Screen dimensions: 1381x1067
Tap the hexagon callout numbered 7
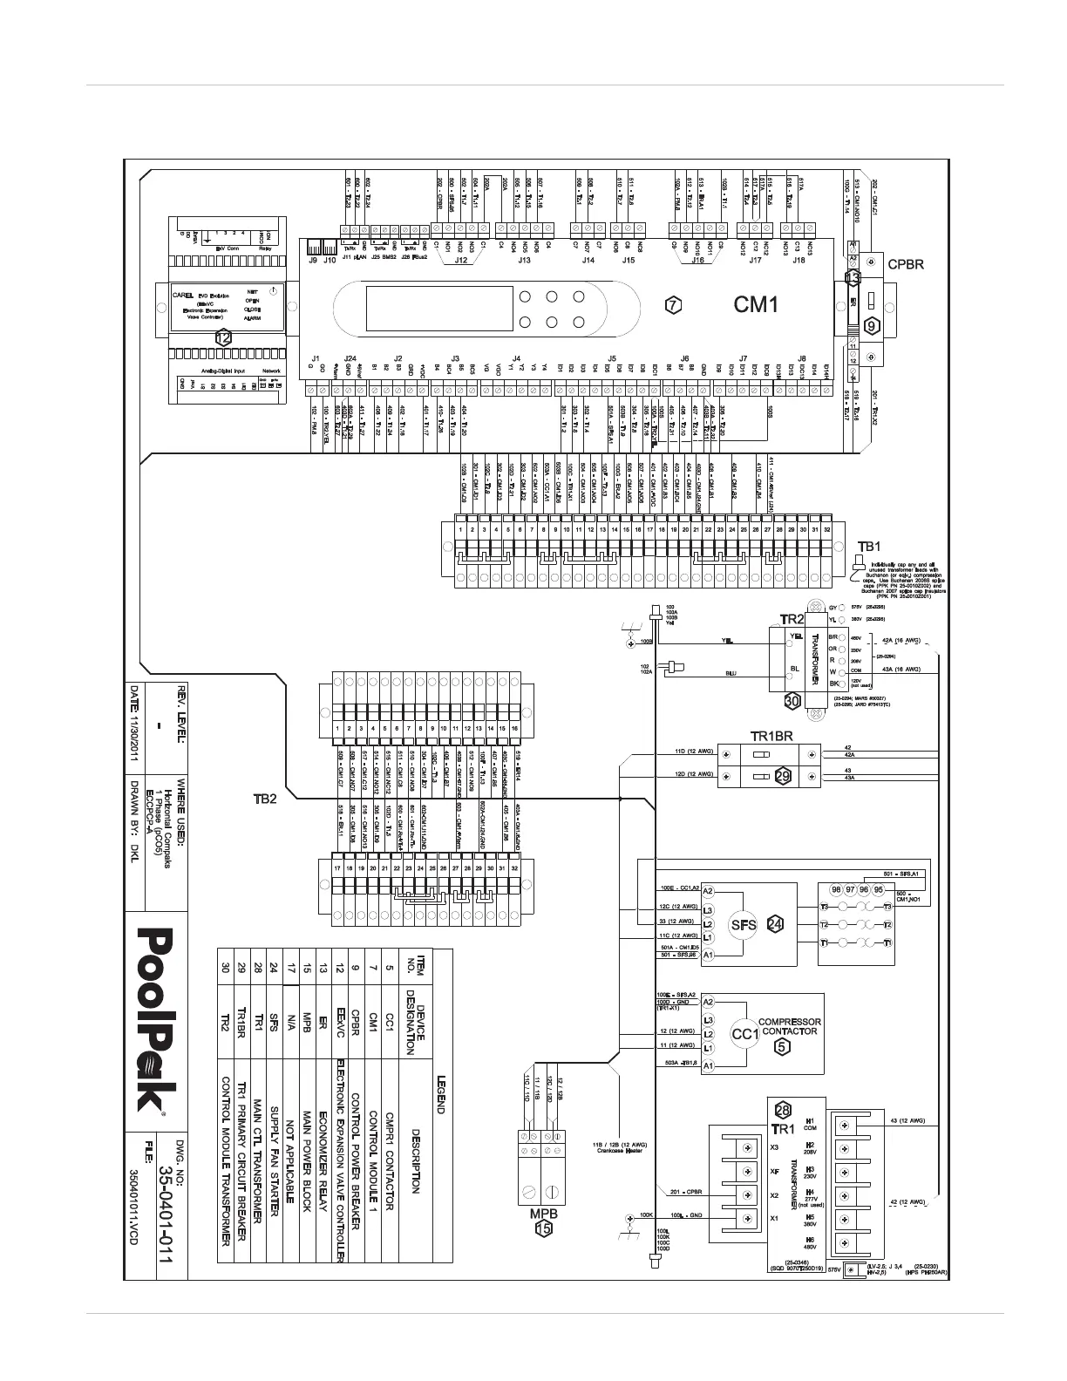point(671,305)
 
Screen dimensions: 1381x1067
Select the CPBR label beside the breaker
point(905,262)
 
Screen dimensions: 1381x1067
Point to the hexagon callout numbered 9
point(872,325)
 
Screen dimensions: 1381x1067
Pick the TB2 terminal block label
point(265,800)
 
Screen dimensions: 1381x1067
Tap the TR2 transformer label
point(792,619)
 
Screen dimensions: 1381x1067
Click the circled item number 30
point(792,700)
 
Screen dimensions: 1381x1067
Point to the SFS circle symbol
point(742,925)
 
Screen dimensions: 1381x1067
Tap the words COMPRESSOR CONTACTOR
point(789,1026)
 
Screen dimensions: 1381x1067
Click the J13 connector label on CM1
point(524,260)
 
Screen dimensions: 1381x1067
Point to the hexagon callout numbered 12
point(224,337)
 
